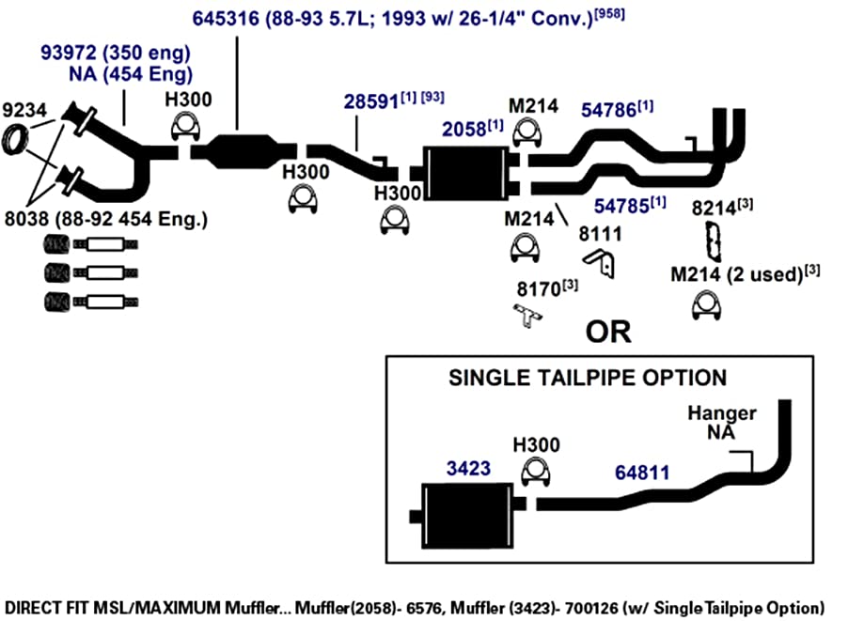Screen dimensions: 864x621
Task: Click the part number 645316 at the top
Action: coord(226,19)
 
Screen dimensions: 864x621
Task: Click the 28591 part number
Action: coord(370,101)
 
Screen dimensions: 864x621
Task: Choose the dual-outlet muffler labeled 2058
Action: coord(466,174)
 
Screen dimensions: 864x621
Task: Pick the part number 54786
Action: coord(608,110)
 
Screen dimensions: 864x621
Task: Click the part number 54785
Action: coord(621,206)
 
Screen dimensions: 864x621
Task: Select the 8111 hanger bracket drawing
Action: coord(600,263)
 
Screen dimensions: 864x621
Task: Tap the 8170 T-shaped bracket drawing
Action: coord(527,316)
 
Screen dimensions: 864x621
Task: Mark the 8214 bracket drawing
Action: coord(715,241)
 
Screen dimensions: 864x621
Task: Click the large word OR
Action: coord(608,332)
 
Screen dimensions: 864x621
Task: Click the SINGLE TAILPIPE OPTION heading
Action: coord(588,378)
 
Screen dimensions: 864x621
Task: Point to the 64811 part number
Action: coord(642,473)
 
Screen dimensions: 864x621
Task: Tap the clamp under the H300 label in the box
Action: coord(536,473)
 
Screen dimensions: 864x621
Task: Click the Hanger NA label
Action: coord(722,422)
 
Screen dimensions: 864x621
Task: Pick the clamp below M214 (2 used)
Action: coord(706,306)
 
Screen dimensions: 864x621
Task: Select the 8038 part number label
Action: coord(26,219)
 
